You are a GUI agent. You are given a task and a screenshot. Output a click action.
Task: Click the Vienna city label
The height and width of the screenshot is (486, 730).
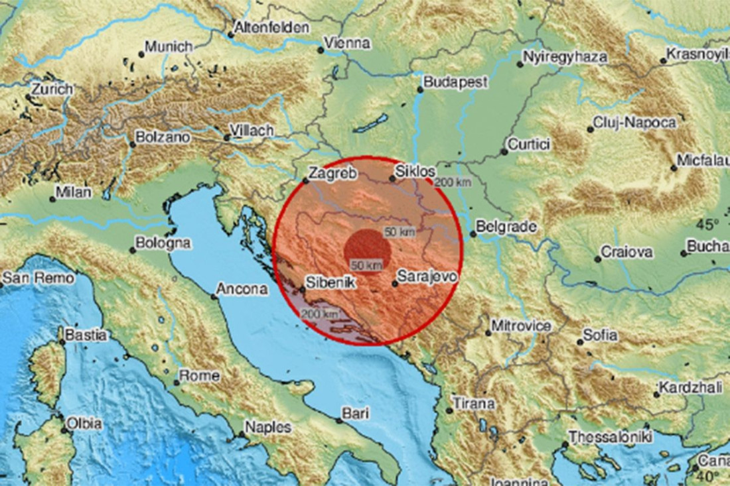click(348, 44)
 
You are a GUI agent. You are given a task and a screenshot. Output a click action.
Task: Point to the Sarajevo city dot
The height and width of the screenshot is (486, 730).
click(395, 284)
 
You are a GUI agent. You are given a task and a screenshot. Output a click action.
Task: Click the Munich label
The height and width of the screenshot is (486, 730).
click(169, 47)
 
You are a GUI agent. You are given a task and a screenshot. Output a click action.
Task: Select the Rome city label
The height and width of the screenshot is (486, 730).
click(200, 376)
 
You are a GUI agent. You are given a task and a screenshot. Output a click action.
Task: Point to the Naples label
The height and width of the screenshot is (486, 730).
click(268, 428)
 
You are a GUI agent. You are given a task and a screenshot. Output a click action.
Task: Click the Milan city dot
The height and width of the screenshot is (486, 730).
click(52, 199)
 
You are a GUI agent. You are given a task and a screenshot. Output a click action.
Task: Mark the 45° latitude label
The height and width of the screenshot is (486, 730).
click(707, 223)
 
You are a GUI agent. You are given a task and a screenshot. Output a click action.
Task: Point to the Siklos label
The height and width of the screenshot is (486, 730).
click(415, 172)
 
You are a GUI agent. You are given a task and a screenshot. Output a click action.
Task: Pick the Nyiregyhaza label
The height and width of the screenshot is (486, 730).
click(565, 57)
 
